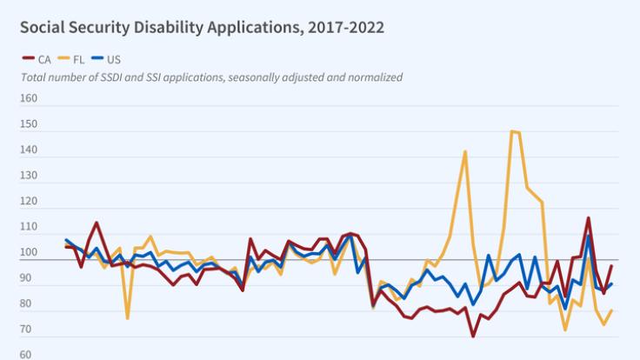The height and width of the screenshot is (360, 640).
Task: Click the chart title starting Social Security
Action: (x=202, y=27)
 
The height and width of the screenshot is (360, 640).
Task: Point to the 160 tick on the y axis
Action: (x=29, y=99)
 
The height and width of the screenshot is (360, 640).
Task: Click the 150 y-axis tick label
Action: (x=29, y=125)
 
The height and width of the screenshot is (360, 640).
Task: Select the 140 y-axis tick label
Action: (x=29, y=150)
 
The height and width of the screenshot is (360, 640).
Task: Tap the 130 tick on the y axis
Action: (x=29, y=177)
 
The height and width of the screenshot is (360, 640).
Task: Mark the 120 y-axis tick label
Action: (x=29, y=202)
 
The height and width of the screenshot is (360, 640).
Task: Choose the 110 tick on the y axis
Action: (x=29, y=228)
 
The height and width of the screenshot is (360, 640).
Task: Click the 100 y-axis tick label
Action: (x=29, y=253)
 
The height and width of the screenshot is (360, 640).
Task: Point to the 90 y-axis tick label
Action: (x=29, y=278)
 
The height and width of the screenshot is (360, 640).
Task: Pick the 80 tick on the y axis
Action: (x=29, y=304)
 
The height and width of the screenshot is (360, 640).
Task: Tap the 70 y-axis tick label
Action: (x=29, y=330)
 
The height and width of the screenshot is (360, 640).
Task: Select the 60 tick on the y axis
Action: (x=29, y=355)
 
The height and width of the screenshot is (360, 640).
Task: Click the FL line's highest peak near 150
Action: (x=514, y=131)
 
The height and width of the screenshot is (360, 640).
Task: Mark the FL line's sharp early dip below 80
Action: (x=127, y=318)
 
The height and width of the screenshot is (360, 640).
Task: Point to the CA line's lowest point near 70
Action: (x=473, y=336)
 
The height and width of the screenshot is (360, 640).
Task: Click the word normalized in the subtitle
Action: (x=373, y=77)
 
